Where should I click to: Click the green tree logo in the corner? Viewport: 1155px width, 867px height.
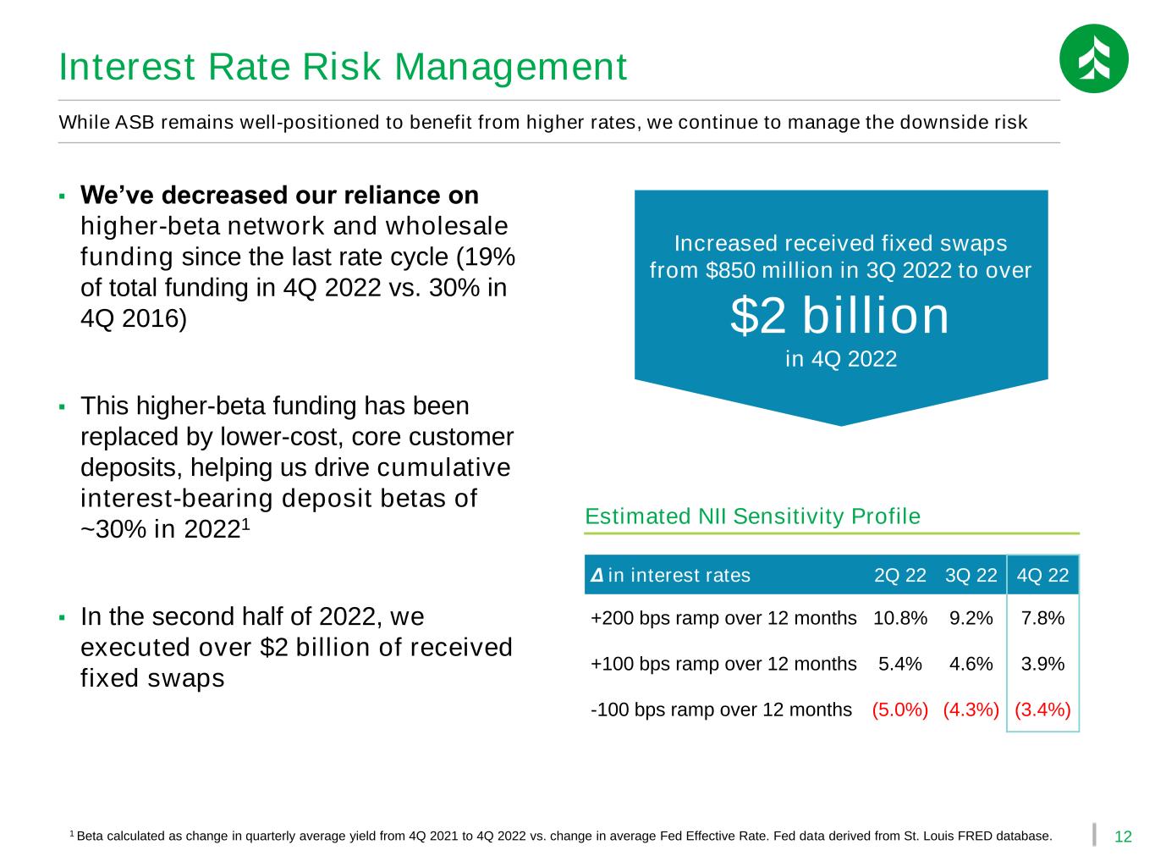(x=1093, y=58)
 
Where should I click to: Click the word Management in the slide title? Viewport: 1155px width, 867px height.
(x=510, y=68)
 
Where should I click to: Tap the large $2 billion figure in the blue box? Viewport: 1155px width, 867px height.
(x=840, y=315)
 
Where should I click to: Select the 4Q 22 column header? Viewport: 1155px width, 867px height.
(x=1042, y=575)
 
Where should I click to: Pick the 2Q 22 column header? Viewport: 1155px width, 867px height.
(x=899, y=575)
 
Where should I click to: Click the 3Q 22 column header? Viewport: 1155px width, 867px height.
(x=971, y=575)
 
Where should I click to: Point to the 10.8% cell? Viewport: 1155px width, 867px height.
(x=899, y=617)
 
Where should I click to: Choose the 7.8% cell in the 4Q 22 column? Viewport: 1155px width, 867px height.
(x=1042, y=617)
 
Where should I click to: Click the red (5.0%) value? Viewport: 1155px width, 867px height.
(x=899, y=710)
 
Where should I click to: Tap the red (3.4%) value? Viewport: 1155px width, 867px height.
(x=1042, y=710)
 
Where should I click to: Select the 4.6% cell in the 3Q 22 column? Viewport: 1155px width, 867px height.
(x=971, y=663)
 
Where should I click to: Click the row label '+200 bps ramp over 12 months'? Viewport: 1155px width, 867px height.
(x=723, y=618)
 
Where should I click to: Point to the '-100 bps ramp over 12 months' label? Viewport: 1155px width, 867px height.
(x=721, y=710)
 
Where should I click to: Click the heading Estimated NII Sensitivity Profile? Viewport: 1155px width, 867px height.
(x=752, y=516)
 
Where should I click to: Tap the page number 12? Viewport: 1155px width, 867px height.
(x=1123, y=837)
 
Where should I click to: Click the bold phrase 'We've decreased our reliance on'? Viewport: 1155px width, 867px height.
(x=279, y=196)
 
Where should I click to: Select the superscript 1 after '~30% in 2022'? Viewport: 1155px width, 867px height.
(x=245, y=524)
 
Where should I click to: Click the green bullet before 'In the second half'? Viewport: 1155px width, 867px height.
(x=62, y=617)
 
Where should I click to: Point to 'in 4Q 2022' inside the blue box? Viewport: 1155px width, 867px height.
(x=841, y=359)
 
